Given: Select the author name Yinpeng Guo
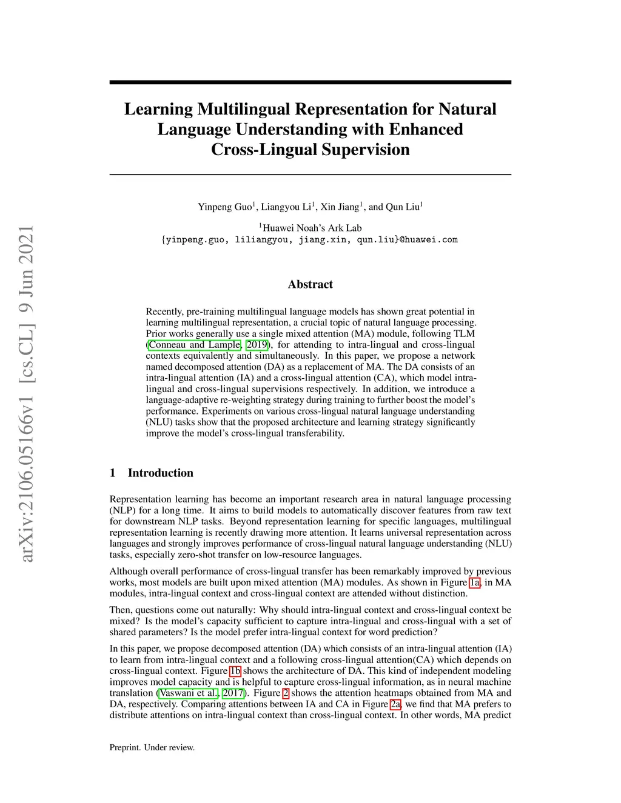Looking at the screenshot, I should point(224,207).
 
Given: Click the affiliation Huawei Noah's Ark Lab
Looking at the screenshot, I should point(312,228).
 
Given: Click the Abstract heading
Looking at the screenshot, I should point(310,284).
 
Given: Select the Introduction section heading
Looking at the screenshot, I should point(160,473).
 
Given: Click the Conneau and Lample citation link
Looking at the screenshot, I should point(194,345).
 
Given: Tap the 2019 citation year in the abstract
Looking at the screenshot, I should point(257,345).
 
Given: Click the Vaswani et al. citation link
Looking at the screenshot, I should point(188,693).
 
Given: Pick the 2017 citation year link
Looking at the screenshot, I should point(233,693).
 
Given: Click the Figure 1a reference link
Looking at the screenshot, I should point(475,583).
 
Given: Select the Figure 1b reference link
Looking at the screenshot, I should point(235,671).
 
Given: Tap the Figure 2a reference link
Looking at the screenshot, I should point(395,704).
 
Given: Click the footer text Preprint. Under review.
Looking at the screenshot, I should point(152,748).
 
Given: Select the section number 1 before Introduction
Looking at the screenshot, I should point(113,473).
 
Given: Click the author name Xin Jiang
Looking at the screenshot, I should point(340,207).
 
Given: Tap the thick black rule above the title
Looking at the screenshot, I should point(310,82).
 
